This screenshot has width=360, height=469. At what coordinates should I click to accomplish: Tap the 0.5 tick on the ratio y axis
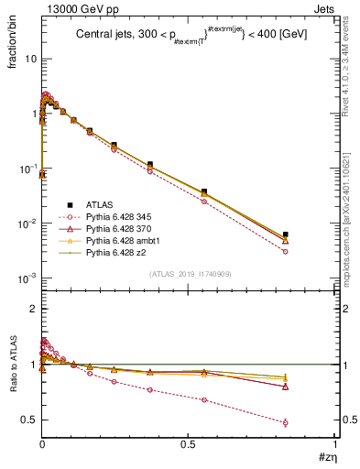pos(30,420)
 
